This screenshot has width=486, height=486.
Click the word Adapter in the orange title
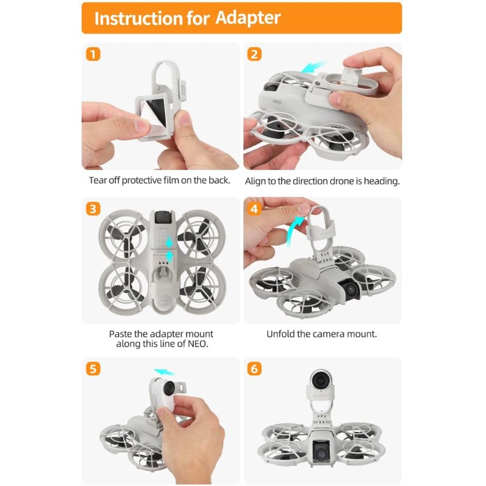point(248,18)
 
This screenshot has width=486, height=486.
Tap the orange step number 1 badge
point(93,54)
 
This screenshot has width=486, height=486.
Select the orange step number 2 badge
point(254,54)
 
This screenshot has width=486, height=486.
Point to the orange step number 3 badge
point(93,208)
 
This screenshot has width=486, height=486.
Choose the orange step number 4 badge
point(254,208)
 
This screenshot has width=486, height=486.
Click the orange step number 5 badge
point(93,369)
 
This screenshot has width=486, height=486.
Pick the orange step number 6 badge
point(254,369)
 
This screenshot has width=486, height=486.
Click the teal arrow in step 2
point(313,67)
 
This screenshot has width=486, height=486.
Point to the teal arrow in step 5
point(164,372)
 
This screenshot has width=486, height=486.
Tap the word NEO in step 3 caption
point(197,344)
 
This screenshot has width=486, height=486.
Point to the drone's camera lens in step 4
point(351,290)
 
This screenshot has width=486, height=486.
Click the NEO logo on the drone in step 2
point(277,101)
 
